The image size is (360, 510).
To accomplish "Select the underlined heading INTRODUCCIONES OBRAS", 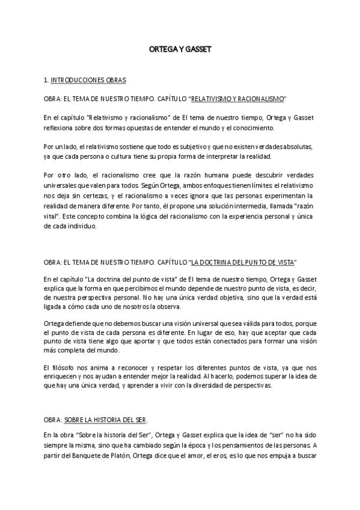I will (88, 80).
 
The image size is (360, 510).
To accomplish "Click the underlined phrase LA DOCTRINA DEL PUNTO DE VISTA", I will (242, 263).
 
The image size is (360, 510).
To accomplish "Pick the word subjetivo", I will (191, 146).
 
